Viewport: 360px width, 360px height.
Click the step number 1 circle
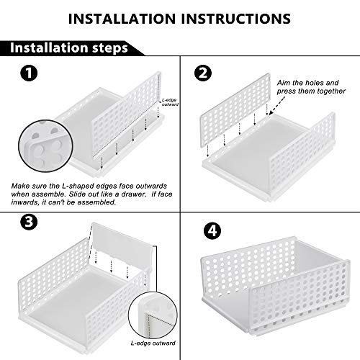coord(29,73)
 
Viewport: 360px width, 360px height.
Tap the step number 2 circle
coord(203,73)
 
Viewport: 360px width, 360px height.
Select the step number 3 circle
coord(29,222)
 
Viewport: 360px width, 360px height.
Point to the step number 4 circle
coord(212,231)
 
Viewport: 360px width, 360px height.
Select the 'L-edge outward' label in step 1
coord(170,102)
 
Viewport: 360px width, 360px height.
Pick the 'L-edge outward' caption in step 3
coord(153,343)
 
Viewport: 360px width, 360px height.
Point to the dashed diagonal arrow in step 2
coord(277,105)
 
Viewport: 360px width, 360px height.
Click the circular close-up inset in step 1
coord(45,146)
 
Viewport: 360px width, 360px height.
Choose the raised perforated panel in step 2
coord(235,114)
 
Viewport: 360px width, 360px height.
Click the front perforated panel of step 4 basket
coord(300,297)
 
